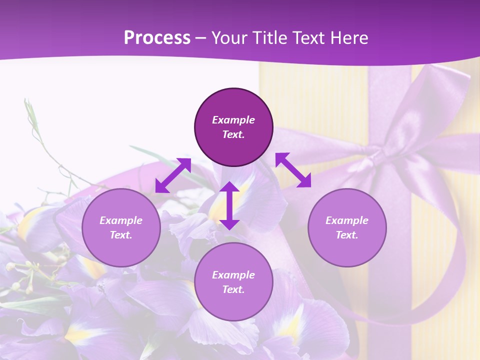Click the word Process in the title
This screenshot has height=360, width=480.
[157, 37]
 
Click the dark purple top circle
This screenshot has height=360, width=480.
[233, 145]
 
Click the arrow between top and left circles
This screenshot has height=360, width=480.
[173, 175]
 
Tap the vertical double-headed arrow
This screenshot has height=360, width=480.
[229, 205]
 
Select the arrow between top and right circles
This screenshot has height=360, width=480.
[293, 170]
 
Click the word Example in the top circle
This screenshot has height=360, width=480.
[233, 120]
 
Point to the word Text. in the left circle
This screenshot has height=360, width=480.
[121, 235]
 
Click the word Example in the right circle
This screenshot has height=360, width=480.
[347, 220]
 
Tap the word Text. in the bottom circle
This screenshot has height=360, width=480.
[233, 289]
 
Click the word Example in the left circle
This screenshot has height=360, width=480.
[121, 220]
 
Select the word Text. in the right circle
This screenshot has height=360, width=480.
[347, 235]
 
